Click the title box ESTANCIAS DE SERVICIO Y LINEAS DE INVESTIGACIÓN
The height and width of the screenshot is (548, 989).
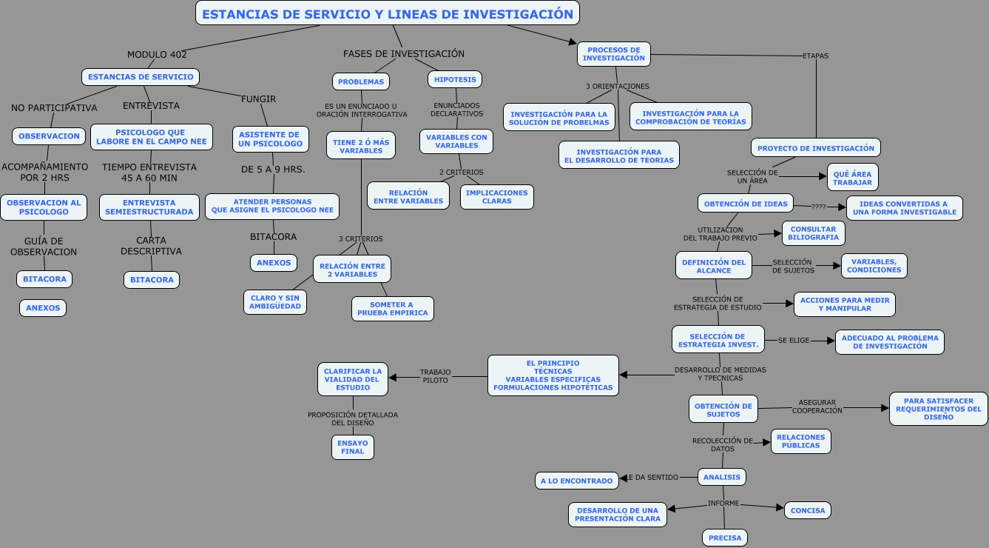tap(387, 13)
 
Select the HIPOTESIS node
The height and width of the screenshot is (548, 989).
tap(455, 79)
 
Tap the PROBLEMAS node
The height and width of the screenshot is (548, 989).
tap(361, 81)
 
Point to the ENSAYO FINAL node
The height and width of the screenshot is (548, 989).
tap(353, 447)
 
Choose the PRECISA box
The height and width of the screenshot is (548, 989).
tap(725, 538)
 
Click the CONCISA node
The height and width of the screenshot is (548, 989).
tap(808, 510)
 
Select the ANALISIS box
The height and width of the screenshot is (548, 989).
tap(722, 477)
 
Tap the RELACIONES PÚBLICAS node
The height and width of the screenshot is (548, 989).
tap(801, 441)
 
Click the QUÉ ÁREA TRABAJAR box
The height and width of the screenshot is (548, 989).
tap(853, 177)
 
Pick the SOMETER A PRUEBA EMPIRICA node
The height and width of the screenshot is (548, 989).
tap(393, 309)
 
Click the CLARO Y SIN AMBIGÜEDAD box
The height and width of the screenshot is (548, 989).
tap(275, 302)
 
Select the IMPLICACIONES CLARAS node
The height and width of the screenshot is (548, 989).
tap(497, 197)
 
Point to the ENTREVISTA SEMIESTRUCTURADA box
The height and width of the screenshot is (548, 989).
tap(149, 207)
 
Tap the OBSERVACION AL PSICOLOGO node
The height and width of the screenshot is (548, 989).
tap(44, 207)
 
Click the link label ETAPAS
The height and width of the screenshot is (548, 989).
tap(815, 56)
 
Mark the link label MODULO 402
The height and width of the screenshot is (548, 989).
tap(157, 54)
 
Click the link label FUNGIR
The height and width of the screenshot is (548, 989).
tap(258, 98)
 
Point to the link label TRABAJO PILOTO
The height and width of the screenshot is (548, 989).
tap(435, 376)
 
